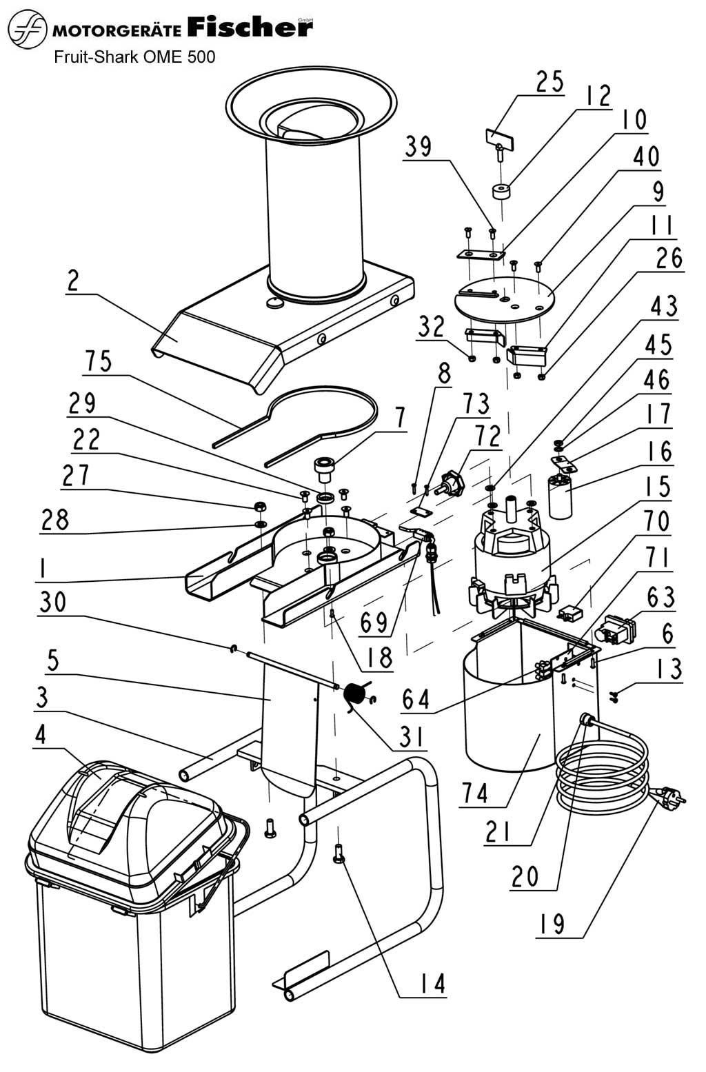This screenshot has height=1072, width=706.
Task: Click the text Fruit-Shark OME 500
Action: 134,57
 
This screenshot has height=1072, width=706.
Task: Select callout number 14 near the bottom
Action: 430,984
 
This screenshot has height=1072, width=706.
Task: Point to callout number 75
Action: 99,361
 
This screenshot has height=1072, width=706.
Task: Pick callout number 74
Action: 476,793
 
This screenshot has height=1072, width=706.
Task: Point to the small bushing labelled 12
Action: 503,190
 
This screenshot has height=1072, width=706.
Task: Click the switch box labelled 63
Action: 619,627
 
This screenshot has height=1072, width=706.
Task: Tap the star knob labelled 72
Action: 452,478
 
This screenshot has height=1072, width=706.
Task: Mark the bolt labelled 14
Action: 338,855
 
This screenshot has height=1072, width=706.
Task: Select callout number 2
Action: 72,281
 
